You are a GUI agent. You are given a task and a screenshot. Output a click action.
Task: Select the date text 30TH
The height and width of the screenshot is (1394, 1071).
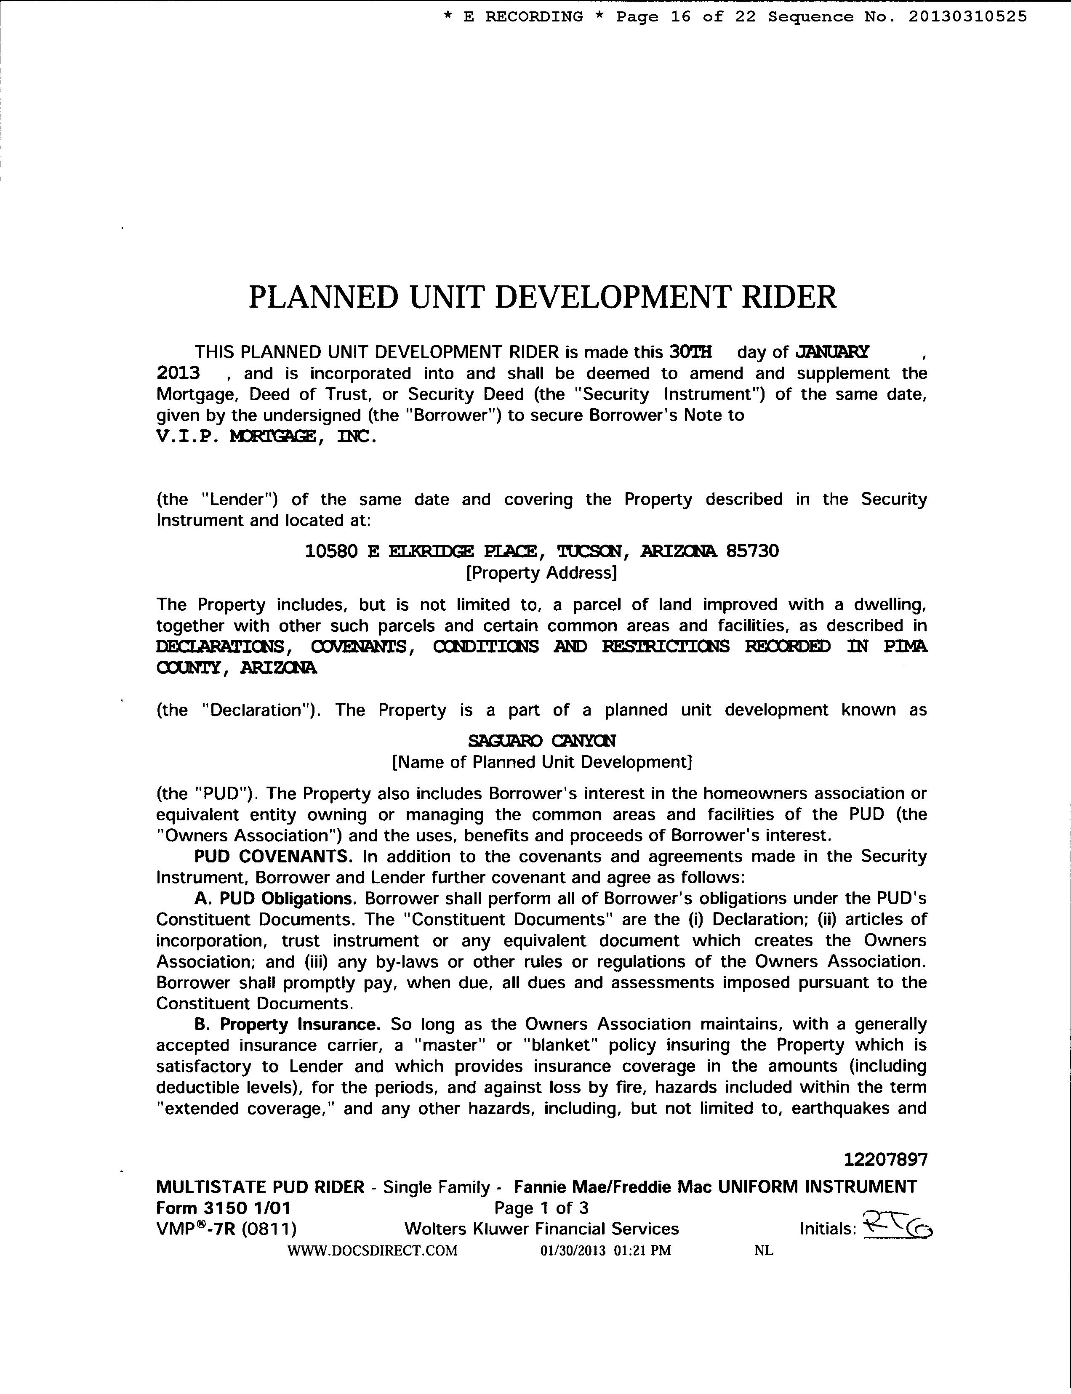click(690, 352)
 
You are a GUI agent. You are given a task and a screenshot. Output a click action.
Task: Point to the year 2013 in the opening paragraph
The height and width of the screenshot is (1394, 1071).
click(178, 373)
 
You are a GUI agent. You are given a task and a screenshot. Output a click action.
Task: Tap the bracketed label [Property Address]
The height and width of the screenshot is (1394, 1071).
click(542, 572)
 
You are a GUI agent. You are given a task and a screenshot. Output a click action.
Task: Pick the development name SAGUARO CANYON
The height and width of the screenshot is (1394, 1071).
click(542, 741)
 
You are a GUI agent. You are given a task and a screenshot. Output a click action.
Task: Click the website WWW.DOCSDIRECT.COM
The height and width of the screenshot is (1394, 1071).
click(372, 1250)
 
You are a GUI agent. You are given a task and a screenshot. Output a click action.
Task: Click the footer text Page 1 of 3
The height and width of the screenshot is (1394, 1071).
click(541, 1208)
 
